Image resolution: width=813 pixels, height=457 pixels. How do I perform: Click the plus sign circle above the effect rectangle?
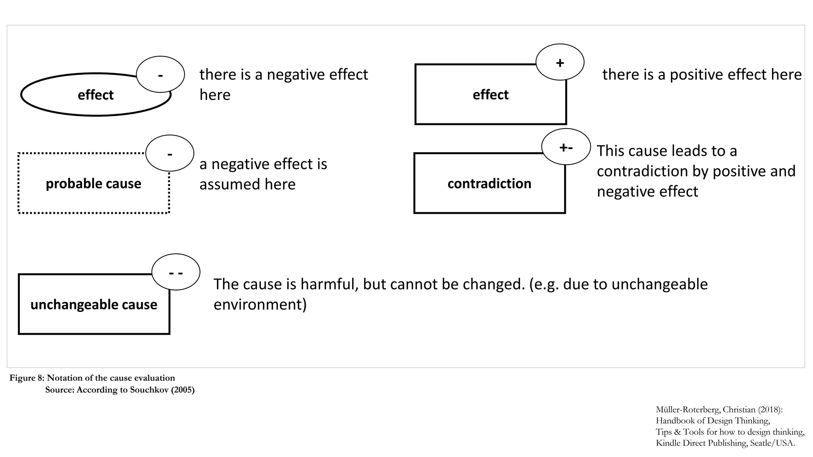(x=560, y=62)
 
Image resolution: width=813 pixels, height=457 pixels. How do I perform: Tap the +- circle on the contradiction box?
(x=566, y=147)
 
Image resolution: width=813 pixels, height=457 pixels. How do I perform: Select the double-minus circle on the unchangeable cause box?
(x=176, y=272)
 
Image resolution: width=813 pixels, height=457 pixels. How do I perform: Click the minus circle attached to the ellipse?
(x=160, y=74)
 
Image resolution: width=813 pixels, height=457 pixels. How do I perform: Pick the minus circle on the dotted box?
(x=170, y=153)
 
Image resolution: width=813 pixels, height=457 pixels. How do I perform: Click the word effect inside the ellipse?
(x=96, y=95)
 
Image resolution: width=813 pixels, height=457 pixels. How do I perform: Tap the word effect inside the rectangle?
(x=490, y=95)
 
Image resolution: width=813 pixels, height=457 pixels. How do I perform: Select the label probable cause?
(x=93, y=184)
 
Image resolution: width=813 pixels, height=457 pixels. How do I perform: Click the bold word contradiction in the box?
(x=489, y=184)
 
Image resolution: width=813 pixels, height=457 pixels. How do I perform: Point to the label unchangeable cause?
(x=94, y=305)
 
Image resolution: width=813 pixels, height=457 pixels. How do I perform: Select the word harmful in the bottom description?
(x=329, y=284)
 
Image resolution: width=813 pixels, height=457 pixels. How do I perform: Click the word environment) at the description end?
(x=260, y=305)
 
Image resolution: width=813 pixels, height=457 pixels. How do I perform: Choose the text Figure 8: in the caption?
(x=27, y=378)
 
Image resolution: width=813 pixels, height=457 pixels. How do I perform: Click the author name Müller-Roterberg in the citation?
(x=687, y=410)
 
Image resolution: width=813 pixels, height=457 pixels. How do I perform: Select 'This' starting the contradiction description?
(x=611, y=151)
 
